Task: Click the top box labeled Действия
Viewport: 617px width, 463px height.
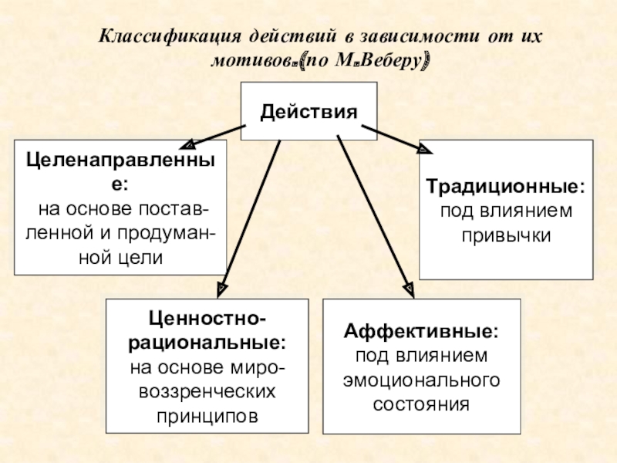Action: [x=308, y=112]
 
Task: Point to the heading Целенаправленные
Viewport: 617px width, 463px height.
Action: [x=120, y=161]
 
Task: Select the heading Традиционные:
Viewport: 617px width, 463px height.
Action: [x=506, y=188]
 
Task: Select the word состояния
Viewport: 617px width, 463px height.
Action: [x=421, y=404]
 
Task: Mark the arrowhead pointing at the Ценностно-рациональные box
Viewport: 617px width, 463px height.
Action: [x=221, y=287]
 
